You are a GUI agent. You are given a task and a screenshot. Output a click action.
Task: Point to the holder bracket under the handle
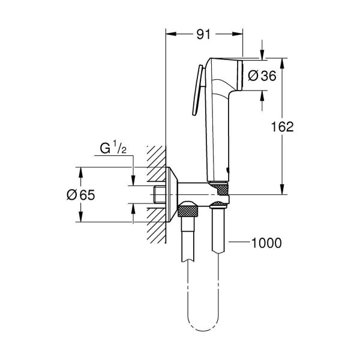pos(218,192)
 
